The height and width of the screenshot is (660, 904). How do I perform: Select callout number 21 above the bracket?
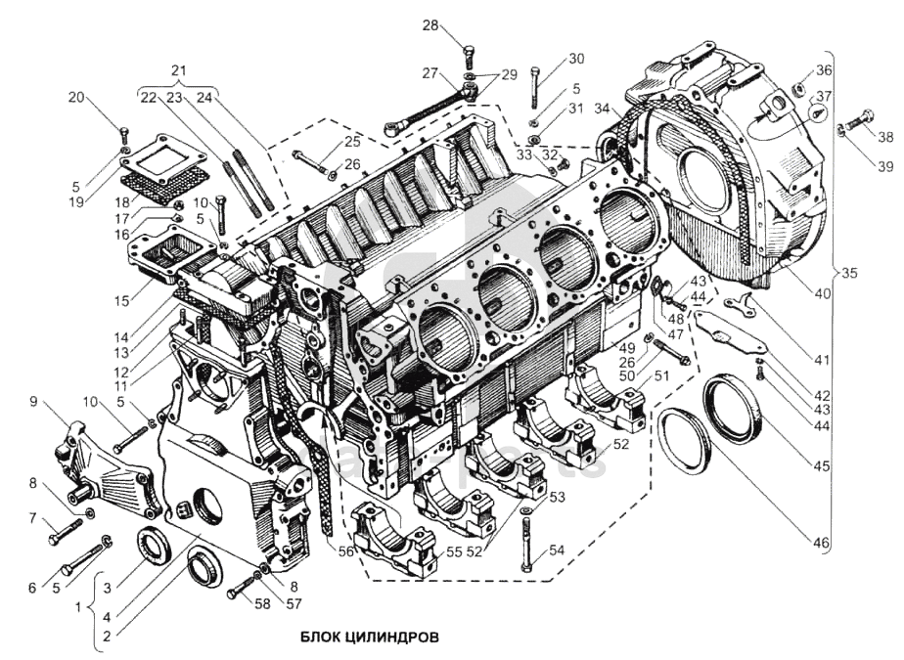[177, 69]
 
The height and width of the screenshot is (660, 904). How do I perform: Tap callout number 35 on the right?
[848, 273]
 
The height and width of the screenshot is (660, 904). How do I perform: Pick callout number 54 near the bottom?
[557, 550]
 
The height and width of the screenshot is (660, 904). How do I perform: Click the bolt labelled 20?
[124, 134]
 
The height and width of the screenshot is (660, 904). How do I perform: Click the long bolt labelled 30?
[535, 86]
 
